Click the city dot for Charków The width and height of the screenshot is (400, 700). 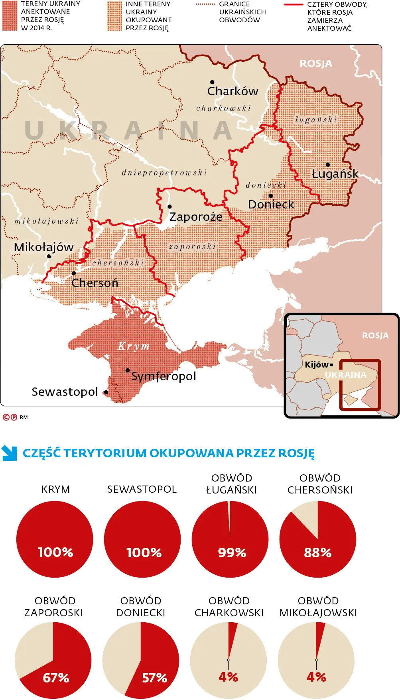[x=212, y=82]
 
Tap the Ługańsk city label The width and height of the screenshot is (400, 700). [x=335, y=174]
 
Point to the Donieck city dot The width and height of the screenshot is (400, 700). [x=271, y=196]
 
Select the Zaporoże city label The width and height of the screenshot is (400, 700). [x=196, y=217]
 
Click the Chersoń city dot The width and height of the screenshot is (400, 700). [x=74, y=273]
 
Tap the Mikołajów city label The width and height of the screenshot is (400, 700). [x=43, y=247]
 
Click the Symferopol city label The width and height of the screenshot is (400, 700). [x=164, y=376]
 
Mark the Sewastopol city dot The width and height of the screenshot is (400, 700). [x=106, y=392]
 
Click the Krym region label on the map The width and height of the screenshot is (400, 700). [x=134, y=346]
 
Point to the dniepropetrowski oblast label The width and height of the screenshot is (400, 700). [x=164, y=173]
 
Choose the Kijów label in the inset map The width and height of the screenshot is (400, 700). [x=317, y=365]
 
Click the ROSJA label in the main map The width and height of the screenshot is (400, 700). [x=315, y=64]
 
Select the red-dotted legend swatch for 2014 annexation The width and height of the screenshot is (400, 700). [x=10, y=16]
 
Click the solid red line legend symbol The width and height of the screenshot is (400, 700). [x=293, y=5]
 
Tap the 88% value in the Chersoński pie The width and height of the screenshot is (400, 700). [x=317, y=553]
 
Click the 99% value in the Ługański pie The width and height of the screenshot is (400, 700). [x=232, y=553]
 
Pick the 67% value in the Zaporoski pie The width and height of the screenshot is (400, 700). [x=56, y=678]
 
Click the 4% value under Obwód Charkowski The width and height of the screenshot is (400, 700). [x=228, y=677]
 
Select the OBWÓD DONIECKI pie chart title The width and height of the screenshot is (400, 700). [x=140, y=607]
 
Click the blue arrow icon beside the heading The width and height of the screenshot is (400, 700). [x=10, y=453]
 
